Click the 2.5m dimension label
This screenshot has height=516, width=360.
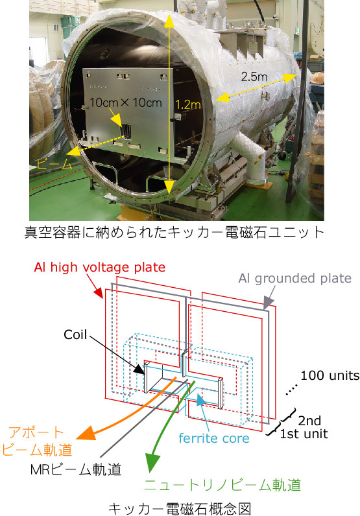point(254,76)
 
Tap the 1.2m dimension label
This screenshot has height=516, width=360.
point(187,104)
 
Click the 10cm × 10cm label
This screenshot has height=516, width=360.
point(126,102)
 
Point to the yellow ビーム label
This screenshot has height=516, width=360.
point(54,164)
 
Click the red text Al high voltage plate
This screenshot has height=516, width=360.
point(99,267)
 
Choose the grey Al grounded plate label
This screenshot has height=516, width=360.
point(295,278)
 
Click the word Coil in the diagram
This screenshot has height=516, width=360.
point(75,334)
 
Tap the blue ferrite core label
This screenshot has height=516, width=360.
point(214,438)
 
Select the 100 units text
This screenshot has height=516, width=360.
point(330,375)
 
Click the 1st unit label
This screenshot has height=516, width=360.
point(304,434)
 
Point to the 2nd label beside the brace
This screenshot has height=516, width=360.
point(309,421)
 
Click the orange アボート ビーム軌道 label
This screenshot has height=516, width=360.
point(37,441)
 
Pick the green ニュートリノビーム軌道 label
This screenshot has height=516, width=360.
point(222,485)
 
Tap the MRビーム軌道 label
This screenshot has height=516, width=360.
point(76,469)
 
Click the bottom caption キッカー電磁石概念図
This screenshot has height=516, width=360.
point(180,508)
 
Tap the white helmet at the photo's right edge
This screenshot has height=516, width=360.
point(317,78)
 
